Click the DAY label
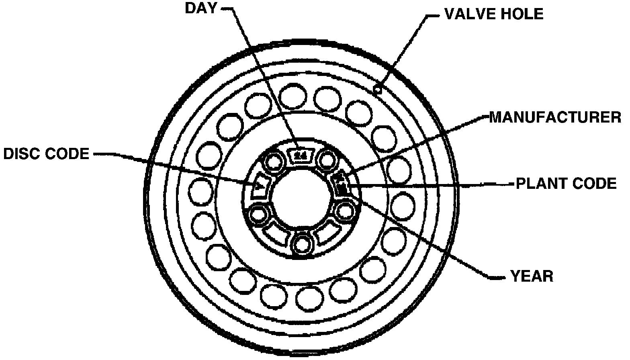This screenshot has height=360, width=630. click(x=200, y=8)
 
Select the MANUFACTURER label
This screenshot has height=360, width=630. click(x=555, y=117)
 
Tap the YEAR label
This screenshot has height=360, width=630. click(x=531, y=276)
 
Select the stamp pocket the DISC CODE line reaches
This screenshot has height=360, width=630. click(x=259, y=186)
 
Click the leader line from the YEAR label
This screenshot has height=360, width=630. click(x=422, y=237)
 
